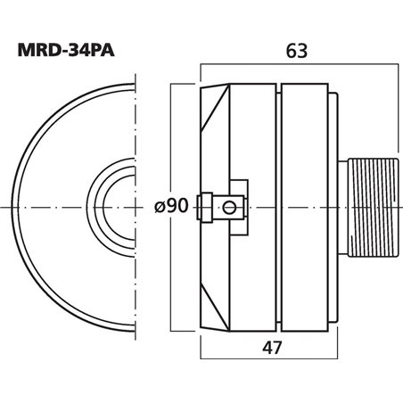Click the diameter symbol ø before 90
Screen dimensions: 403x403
pos(160,208)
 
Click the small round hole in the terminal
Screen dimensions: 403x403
pos(230,207)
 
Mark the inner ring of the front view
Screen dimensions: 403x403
pos(109,207)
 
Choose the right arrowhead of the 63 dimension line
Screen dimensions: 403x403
pos(381,66)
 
